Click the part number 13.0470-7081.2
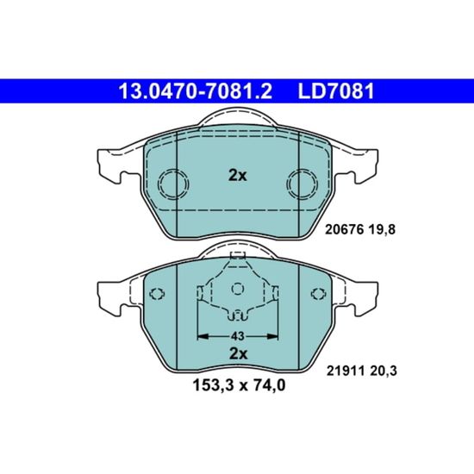[196, 91]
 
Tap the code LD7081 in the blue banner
[336, 91]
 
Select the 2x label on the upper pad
[238, 175]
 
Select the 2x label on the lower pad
[238, 353]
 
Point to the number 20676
[344, 230]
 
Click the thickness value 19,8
[382, 230]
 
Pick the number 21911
[346, 371]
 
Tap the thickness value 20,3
[384, 371]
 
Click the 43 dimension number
[237, 336]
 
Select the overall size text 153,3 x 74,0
[239, 385]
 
